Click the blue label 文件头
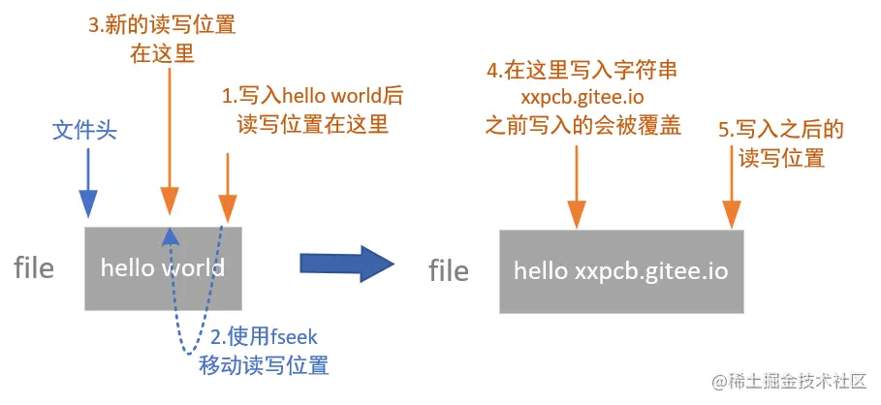coord(84,131)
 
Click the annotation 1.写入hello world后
coord(312,96)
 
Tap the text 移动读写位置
coord(263,365)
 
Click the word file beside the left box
coord(34,267)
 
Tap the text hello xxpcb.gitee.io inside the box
coord(620,270)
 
